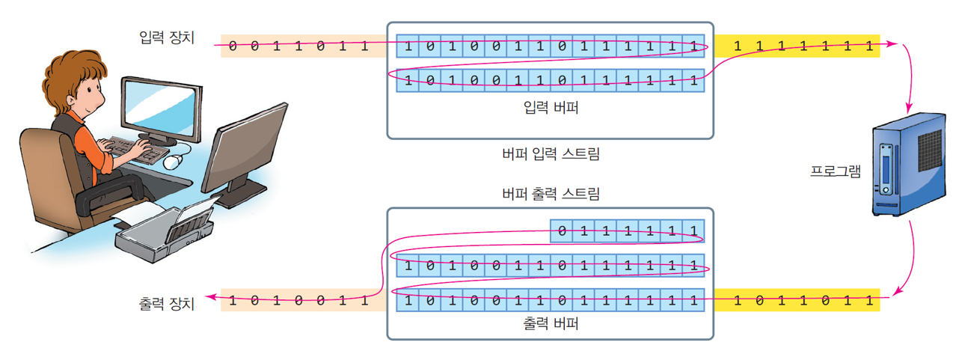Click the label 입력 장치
coord(167,37)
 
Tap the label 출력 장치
coord(167,304)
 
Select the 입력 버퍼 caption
coord(551,107)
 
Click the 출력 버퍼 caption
coord(551,324)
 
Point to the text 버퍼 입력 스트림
coord(551,155)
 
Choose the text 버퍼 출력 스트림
coord(551,195)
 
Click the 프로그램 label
coord(836,171)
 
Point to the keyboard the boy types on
coord(138,150)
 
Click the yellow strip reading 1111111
coord(796,46)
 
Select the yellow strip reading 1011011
coord(796,301)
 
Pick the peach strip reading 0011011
coord(299,46)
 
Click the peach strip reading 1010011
coord(299,301)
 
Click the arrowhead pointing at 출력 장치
coord(212,298)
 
